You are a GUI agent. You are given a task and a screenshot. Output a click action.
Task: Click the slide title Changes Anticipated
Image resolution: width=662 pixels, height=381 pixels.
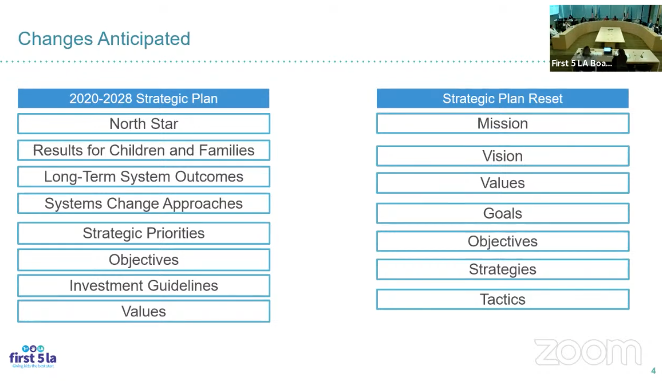pyautogui.click(x=104, y=39)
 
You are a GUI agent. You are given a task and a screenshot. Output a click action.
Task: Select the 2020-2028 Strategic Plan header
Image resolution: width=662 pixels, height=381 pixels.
pyautogui.click(x=144, y=98)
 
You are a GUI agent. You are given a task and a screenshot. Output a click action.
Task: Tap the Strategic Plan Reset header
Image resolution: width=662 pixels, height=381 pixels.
pyautogui.click(x=503, y=98)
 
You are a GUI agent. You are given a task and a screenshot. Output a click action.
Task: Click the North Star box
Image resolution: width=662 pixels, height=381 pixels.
pyautogui.click(x=144, y=124)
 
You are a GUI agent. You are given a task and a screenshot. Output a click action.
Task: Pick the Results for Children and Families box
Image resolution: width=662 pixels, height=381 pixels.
pyautogui.click(x=144, y=150)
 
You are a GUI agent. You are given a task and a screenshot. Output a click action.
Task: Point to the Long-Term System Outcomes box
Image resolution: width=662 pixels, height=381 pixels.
pyautogui.click(x=144, y=176)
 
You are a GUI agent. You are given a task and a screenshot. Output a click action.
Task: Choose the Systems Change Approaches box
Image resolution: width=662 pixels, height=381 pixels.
pyautogui.click(x=144, y=204)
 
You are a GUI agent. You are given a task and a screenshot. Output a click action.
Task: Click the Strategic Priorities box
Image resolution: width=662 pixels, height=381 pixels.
pyautogui.click(x=144, y=233)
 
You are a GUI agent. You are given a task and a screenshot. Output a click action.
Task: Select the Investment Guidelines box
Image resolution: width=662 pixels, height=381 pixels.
pyautogui.click(x=144, y=286)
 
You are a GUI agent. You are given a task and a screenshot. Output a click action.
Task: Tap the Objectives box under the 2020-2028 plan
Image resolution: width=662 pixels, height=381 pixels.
pyautogui.click(x=144, y=260)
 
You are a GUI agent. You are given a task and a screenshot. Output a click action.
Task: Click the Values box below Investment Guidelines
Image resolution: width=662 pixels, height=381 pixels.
pyautogui.click(x=144, y=311)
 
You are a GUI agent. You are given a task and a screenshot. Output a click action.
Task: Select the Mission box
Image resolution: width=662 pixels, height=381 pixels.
pyautogui.click(x=503, y=124)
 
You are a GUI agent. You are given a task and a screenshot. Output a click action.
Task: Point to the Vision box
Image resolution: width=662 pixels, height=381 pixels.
pyautogui.click(x=503, y=156)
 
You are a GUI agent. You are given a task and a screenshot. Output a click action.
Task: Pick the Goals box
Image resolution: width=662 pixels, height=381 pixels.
pyautogui.click(x=503, y=213)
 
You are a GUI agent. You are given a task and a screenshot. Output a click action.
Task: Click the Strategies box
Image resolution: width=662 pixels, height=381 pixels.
pyautogui.click(x=503, y=270)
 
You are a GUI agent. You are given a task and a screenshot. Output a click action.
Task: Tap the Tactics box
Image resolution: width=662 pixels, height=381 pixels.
pyautogui.click(x=503, y=300)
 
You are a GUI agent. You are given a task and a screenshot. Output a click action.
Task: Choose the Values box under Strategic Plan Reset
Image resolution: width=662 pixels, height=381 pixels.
pyautogui.click(x=503, y=183)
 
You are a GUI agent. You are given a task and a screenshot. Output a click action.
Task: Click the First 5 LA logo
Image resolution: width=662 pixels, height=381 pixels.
pyautogui.click(x=33, y=357)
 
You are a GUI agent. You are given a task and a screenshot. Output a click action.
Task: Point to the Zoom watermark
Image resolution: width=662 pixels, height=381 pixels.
pyautogui.click(x=588, y=352)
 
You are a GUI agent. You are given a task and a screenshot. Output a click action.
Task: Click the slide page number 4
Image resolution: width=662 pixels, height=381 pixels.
pyautogui.click(x=654, y=371)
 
